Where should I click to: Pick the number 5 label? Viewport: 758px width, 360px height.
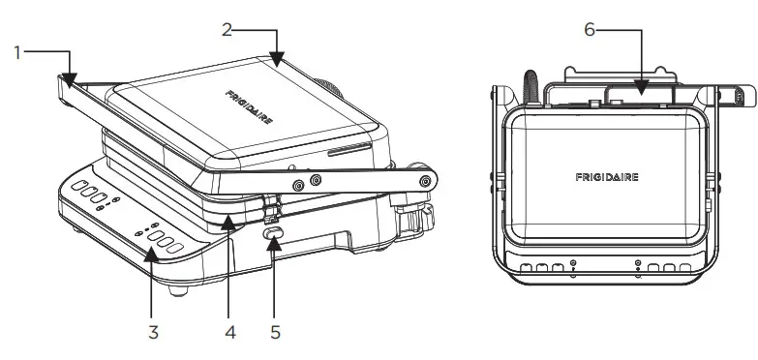pos(276,332)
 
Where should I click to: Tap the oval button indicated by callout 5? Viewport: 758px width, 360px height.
pos(274,234)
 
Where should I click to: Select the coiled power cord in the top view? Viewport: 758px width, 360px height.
pos(530,81)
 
